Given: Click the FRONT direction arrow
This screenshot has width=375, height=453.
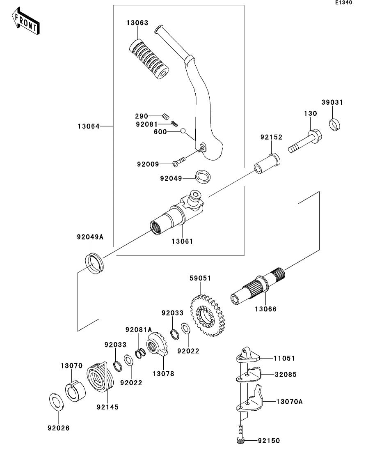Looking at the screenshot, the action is tap(26, 21).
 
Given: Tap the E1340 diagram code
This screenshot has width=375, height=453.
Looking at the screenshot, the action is tap(343, 2).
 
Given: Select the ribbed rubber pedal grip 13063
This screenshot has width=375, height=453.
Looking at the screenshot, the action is tap(148, 59).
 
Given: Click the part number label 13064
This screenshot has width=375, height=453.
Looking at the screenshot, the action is tap(88, 126).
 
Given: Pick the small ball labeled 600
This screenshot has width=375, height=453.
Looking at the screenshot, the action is tap(183, 131).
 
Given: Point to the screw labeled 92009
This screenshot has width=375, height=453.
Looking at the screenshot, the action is tap(179, 161).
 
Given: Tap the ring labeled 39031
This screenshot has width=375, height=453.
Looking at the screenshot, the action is tap(334, 124).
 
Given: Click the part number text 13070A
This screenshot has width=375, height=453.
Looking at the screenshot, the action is tap(289, 402).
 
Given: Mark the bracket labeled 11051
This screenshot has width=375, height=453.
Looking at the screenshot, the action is tap(248, 355).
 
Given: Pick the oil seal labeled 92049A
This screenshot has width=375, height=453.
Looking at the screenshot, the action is tap(94, 263).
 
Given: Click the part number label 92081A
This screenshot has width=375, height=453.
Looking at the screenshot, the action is tap(139, 330).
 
